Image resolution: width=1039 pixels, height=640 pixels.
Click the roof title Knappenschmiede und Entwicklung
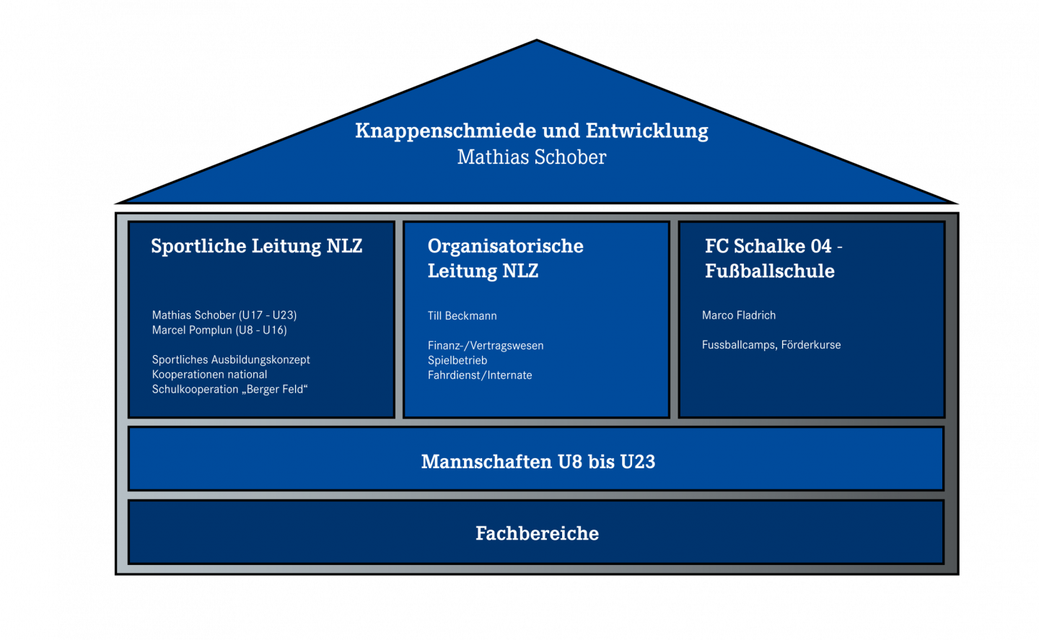pos(532,131)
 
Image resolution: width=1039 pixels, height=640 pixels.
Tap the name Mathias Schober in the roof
pos(532,157)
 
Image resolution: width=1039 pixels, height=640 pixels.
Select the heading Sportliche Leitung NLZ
pos(257,246)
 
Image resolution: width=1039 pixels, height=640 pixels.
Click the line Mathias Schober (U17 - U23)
pos(224,315)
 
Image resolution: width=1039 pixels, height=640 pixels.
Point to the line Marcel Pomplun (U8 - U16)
pos(219,330)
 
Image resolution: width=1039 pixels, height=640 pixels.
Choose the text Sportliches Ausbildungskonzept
pos(231,360)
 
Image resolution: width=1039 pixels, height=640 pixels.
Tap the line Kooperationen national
pos(210,374)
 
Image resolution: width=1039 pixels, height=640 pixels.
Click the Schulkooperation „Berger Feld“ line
pos(230,389)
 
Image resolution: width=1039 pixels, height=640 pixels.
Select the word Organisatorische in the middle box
pos(506,246)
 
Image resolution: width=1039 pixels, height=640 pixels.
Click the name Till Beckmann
pos(462,316)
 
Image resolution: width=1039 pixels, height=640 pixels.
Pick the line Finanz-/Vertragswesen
pos(486,346)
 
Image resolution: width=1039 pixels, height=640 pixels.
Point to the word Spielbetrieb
pos(457,360)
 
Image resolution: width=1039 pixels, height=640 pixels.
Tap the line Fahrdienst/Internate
pos(480,375)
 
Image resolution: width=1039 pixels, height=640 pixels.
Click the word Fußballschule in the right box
pos(769,271)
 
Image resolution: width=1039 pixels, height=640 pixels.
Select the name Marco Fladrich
pos(738,315)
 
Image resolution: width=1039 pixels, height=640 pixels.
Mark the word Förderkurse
pos(811,345)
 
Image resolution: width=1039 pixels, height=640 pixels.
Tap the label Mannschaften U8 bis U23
pos(538,462)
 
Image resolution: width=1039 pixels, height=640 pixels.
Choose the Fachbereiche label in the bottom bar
pos(537,533)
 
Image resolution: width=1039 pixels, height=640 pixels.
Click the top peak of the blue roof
pos(537,40)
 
